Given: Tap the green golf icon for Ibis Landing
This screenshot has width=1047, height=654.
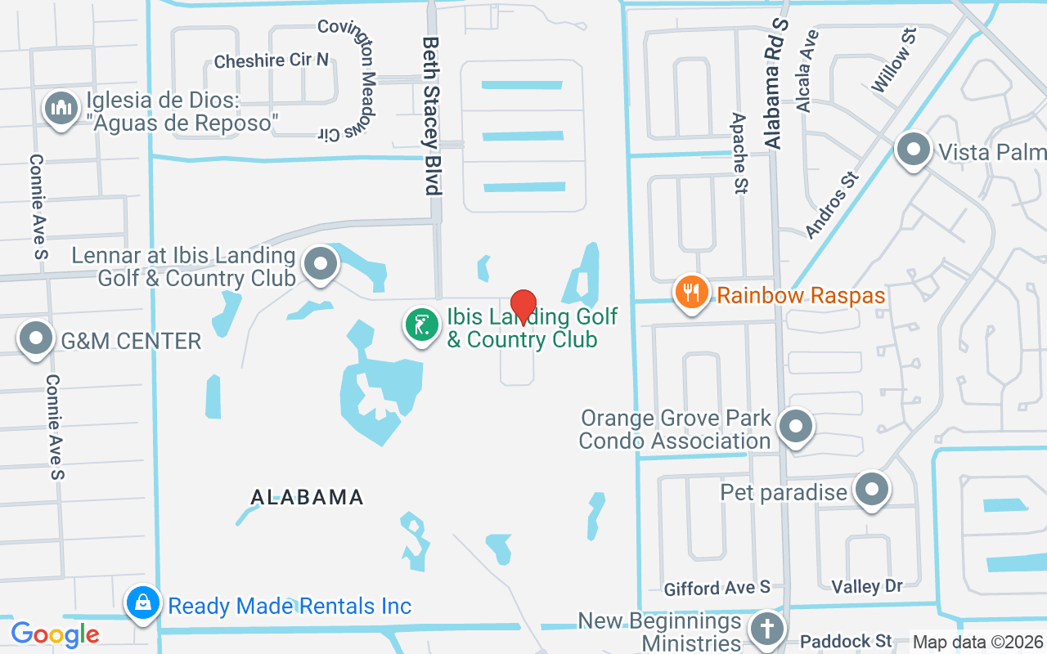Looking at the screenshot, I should (422, 325).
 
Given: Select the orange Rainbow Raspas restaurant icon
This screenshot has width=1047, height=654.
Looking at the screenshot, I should (692, 292).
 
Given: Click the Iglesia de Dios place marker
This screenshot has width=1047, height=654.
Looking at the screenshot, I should (61, 108).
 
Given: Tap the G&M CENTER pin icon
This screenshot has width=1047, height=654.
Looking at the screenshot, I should (36, 338).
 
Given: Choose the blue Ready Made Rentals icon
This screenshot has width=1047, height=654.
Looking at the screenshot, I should (143, 604).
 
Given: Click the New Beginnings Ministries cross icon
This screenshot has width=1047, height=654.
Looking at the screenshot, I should (766, 629).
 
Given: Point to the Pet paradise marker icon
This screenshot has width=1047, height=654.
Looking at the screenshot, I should (872, 490).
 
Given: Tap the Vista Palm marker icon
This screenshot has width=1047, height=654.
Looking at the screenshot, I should (914, 150).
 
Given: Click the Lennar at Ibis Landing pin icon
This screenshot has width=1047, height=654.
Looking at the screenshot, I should (321, 264).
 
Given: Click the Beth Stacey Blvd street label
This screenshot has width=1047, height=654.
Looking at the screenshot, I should (431, 115).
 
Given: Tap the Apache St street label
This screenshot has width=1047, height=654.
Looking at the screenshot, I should (739, 154).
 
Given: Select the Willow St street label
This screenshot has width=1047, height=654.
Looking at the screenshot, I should (894, 58).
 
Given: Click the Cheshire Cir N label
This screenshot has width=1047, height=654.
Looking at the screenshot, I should (272, 60).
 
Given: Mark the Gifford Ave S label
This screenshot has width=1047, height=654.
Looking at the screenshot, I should (717, 587).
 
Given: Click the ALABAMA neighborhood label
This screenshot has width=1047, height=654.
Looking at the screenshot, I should (307, 496).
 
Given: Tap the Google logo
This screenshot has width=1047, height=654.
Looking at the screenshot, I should (55, 634).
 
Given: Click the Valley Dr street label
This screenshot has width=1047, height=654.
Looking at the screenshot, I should (866, 586).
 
